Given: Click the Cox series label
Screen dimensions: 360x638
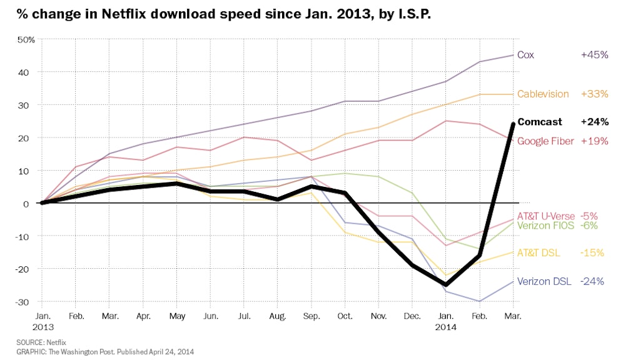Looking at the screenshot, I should (x=525, y=54).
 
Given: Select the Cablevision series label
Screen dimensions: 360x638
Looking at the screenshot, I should (x=543, y=94).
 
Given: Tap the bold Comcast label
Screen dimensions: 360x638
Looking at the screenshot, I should (x=539, y=122).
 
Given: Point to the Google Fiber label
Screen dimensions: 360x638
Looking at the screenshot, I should (x=545, y=141).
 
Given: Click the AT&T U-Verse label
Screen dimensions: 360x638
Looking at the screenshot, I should (x=545, y=216).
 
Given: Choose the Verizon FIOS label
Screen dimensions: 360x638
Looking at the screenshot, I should (x=545, y=226).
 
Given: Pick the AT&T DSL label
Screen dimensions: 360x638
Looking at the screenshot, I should (x=539, y=252).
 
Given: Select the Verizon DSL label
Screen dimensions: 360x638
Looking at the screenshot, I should (x=543, y=281).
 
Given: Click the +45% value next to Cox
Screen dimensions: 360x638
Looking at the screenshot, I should (x=594, y=54).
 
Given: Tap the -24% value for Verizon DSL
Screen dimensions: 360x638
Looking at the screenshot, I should (x=592, y=281).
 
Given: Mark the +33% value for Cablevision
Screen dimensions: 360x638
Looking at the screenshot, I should (x=594, y=94).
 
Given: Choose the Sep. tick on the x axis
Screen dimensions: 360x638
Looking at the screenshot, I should (x=310, y=316).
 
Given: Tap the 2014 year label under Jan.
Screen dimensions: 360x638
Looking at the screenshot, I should (x=445, y=327).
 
